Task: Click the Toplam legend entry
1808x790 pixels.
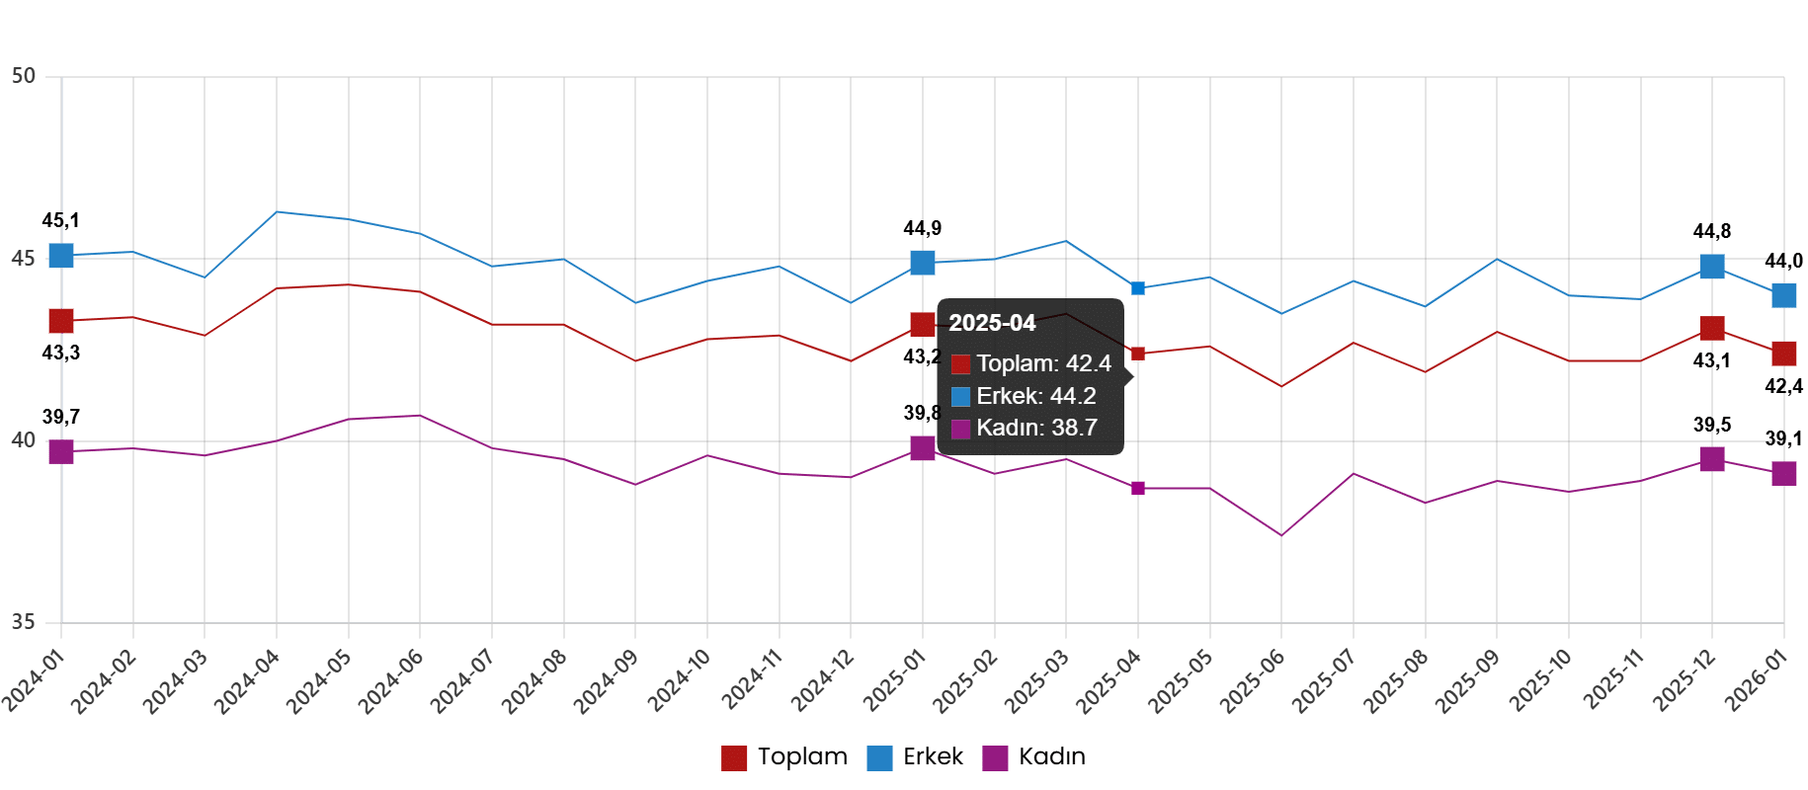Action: pos(784,757)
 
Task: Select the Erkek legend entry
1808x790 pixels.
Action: pos(915,757)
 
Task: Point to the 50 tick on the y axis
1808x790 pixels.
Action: pos(24,76)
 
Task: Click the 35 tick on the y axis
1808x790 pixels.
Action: pos(24,623)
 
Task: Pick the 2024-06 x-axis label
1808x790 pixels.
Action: pos(391,681)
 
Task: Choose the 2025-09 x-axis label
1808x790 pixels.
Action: pos(1468,681)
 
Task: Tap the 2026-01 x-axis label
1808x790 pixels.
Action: pos(1756,681)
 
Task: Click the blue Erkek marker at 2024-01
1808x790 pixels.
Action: pos(61,256)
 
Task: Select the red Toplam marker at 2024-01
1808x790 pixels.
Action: pos(61,321)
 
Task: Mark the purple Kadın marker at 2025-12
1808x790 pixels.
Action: pos(1712,459)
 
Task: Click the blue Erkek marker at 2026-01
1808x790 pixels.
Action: pos(1783,295)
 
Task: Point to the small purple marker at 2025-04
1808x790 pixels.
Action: pos(1138,489)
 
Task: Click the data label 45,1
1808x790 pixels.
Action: pos(60,220)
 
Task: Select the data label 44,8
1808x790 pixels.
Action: pos(1711,231)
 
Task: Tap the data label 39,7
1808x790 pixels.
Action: pos(60,417)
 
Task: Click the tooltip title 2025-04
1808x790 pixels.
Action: pos(992,323)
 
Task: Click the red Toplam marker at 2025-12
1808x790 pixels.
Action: pos(1712,328)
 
